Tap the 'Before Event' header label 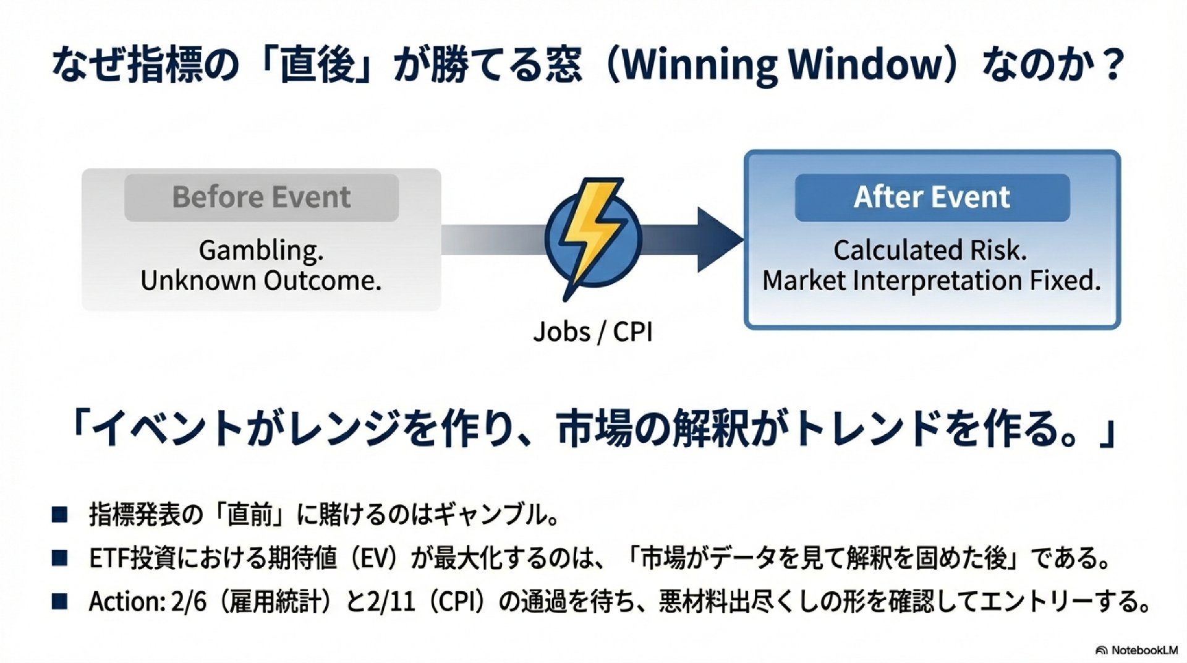[x=262, y=197]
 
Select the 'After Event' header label [x=932, y=197]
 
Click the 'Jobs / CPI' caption [x=592, y=332]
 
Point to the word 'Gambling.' [x=262, y=250]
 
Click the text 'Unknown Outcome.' [x=262, y=281]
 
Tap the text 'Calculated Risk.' [x=930, y=250]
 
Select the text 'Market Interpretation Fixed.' [x=932, y=281]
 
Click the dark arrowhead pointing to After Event [x=717, y=239]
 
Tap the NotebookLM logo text [x=1144, y=650]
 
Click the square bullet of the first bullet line [x=59, y=515]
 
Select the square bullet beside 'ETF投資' [x=59, y=558]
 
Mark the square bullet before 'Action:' [x=59, y=601]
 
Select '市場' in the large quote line [x=594, y=429]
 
